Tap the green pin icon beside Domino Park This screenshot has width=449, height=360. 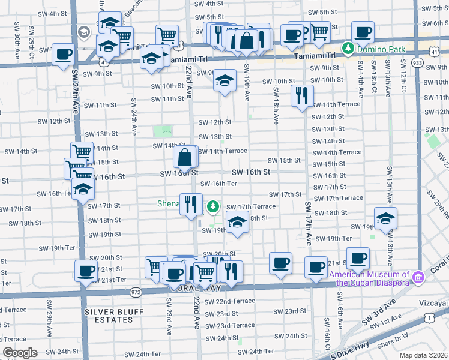coord(348,47)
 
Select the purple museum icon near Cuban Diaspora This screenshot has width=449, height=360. coord(418,277)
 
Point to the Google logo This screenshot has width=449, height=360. coord(20,353)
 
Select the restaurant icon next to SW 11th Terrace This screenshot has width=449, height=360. coord(302,95)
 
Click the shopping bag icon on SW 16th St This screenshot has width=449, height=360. coord(185,157)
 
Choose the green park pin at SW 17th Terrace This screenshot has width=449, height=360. coord(212,207)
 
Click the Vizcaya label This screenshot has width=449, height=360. coord(435,304)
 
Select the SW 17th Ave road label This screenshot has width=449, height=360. coord(309,223)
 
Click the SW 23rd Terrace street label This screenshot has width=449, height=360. coord(228,325)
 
